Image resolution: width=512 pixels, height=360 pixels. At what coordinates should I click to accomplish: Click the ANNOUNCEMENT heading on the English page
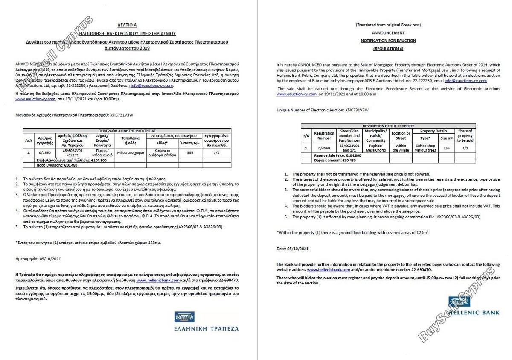click(388, 33)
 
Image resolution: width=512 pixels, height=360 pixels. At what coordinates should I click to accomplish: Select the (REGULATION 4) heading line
click(388, 49)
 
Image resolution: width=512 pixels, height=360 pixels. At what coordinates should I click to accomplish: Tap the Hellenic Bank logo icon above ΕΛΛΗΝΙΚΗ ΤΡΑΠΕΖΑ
click(184, 317)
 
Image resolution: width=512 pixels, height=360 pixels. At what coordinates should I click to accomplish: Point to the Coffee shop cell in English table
click(425, 148)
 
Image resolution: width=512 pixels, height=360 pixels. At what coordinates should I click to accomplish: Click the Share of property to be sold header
click(465, 136)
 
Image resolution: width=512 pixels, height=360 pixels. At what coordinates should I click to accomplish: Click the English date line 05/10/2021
click(292, 249)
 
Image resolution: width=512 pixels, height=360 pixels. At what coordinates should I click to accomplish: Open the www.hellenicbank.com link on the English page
click(329, 270)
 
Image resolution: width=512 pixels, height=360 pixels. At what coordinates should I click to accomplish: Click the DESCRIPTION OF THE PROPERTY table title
click(388, 126)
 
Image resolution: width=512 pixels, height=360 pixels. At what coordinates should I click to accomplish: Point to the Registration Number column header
click(324, 136)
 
